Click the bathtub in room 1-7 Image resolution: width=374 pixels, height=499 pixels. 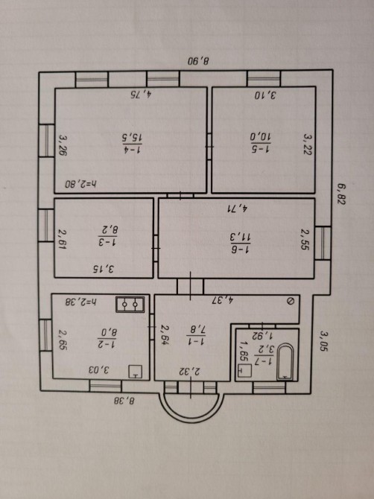pos(285,362)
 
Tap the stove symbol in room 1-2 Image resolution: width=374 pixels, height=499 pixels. pos(130,304)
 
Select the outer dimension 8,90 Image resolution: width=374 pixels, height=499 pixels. pos(199,61)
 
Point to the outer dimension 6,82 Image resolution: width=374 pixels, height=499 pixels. pos(341,194)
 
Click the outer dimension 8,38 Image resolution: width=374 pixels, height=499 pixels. pos(125,401)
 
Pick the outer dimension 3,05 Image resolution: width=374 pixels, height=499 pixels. pos(324,341)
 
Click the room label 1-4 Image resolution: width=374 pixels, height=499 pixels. pos(132,150)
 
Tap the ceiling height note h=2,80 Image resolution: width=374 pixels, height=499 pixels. pos(81,184)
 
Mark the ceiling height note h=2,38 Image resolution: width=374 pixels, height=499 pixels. pos(81,302)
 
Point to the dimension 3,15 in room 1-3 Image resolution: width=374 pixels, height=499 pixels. pos(104,269)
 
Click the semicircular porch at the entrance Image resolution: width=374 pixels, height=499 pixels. pos(190,410)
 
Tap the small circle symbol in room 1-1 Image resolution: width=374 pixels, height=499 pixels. pos(290,302)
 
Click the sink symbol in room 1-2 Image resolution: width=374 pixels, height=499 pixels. pos(136,372)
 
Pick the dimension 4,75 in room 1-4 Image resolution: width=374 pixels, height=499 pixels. pos(142,94)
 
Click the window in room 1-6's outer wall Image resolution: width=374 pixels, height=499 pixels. pos(323,243)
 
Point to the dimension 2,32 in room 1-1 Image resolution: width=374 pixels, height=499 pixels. pos(190,371)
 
